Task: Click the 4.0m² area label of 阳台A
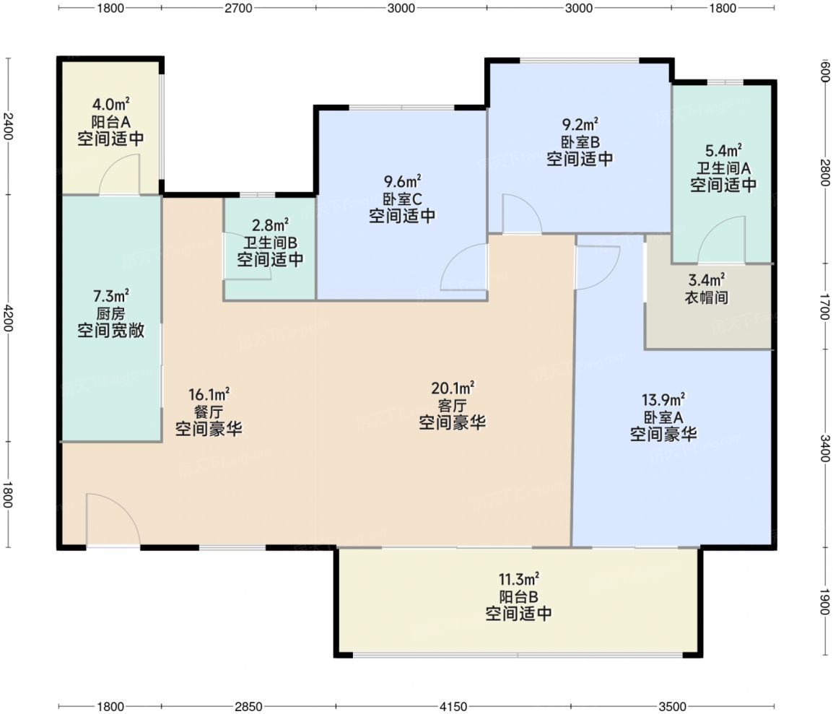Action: pos(111,103)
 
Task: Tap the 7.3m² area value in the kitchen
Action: pos(111,295)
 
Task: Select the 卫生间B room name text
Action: pos(271,243)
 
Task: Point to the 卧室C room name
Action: pos(402,199)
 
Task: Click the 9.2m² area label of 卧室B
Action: pos(580,124)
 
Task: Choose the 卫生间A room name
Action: pos(723,168)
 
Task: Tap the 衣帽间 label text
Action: pos(706,297)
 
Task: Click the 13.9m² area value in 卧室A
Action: pos(663,399)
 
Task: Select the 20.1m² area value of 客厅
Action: pos(453,388)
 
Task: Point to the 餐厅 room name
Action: pos(209,412)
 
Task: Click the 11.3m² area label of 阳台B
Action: pos(518,578)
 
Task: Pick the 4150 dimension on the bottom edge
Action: pos(453,706)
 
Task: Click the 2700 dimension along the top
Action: pos(238,8)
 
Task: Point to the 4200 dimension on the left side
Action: pos(7,318)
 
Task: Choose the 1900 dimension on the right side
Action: pos(824,601)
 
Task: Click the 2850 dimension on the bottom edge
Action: pos(248,706)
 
